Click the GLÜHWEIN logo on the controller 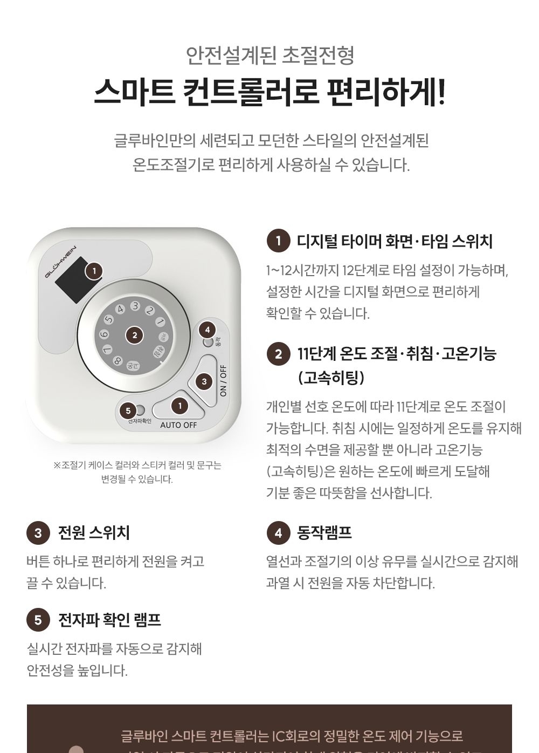coord(60,261)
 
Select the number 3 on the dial coord(135,305)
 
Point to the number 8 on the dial coord(117,361)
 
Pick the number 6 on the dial coord(104,334)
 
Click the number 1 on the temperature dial coord(160,321)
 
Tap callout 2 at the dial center coord(134,336)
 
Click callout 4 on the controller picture coord(207,329)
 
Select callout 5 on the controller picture coord(128,411)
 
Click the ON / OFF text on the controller coord(224,381)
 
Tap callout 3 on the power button coord(204,382)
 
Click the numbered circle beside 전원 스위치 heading coord(38,533)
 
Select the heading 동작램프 coord(324,533)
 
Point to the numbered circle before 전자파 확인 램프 coord(38,620)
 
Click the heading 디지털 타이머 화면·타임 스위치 coord(395,241)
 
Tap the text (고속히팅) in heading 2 coord(331,377)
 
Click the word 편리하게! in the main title coord(386,92)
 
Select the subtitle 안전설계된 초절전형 coord(269,54)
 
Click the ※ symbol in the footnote coord(57,466)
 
